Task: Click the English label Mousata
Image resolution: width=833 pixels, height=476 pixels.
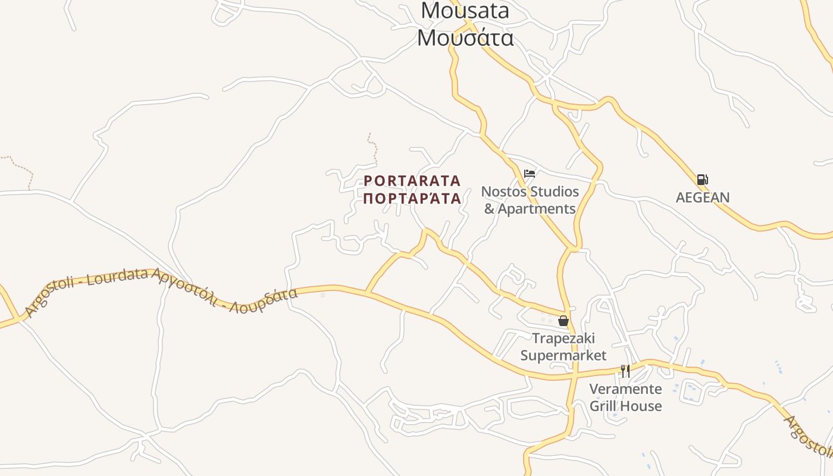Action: coord(465,11)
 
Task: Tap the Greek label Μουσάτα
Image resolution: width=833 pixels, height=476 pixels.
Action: coord(465,37)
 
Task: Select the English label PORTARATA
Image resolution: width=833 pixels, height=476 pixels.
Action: coord(412,180)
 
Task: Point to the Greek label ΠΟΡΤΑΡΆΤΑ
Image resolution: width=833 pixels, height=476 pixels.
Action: coord(412,199)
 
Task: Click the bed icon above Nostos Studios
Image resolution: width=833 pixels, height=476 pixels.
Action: coord(530,174)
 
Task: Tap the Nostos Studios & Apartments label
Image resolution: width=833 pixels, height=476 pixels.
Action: coord(530,200)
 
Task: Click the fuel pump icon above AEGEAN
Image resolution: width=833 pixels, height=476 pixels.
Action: coord(702,180)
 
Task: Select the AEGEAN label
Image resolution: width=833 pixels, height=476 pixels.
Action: coord(702,198)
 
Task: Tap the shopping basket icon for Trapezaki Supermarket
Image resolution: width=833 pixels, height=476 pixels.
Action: coord(563,321)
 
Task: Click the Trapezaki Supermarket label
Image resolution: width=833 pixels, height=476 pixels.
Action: coord(563,346)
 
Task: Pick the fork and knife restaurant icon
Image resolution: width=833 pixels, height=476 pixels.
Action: coord(625,371)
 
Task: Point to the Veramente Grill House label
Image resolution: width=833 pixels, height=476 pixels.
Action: coord(625,397)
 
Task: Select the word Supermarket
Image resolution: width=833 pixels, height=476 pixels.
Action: coord(563,355)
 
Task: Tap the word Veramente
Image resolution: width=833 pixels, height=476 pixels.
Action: coord(625,389)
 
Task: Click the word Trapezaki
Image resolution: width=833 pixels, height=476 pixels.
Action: coord(563,338)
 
